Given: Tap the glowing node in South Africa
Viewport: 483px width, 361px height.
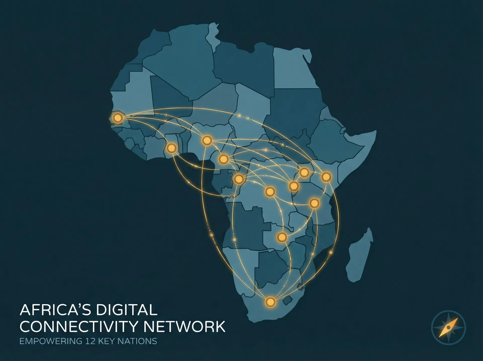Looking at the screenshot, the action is pos(270,302).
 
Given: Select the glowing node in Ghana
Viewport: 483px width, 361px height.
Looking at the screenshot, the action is pos(171,148).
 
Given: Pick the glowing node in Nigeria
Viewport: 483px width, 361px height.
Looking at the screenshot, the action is pos(207,140).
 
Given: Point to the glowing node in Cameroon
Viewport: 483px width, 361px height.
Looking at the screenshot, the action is pos(223,159).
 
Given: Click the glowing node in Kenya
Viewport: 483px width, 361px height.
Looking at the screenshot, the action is pos(326,177).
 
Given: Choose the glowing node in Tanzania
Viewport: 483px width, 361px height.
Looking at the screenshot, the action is pos(314,203).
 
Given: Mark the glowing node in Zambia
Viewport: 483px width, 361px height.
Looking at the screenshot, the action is pos(282,237).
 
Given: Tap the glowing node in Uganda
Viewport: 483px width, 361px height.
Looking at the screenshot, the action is pos(304,172).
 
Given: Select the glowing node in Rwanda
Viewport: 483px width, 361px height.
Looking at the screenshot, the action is pos(294,186).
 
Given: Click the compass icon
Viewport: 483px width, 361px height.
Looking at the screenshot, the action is pos(449,328).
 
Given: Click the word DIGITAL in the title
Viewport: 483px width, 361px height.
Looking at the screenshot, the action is pos(126,310).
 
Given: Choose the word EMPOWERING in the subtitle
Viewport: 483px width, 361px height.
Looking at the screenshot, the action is pos(51,341).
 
